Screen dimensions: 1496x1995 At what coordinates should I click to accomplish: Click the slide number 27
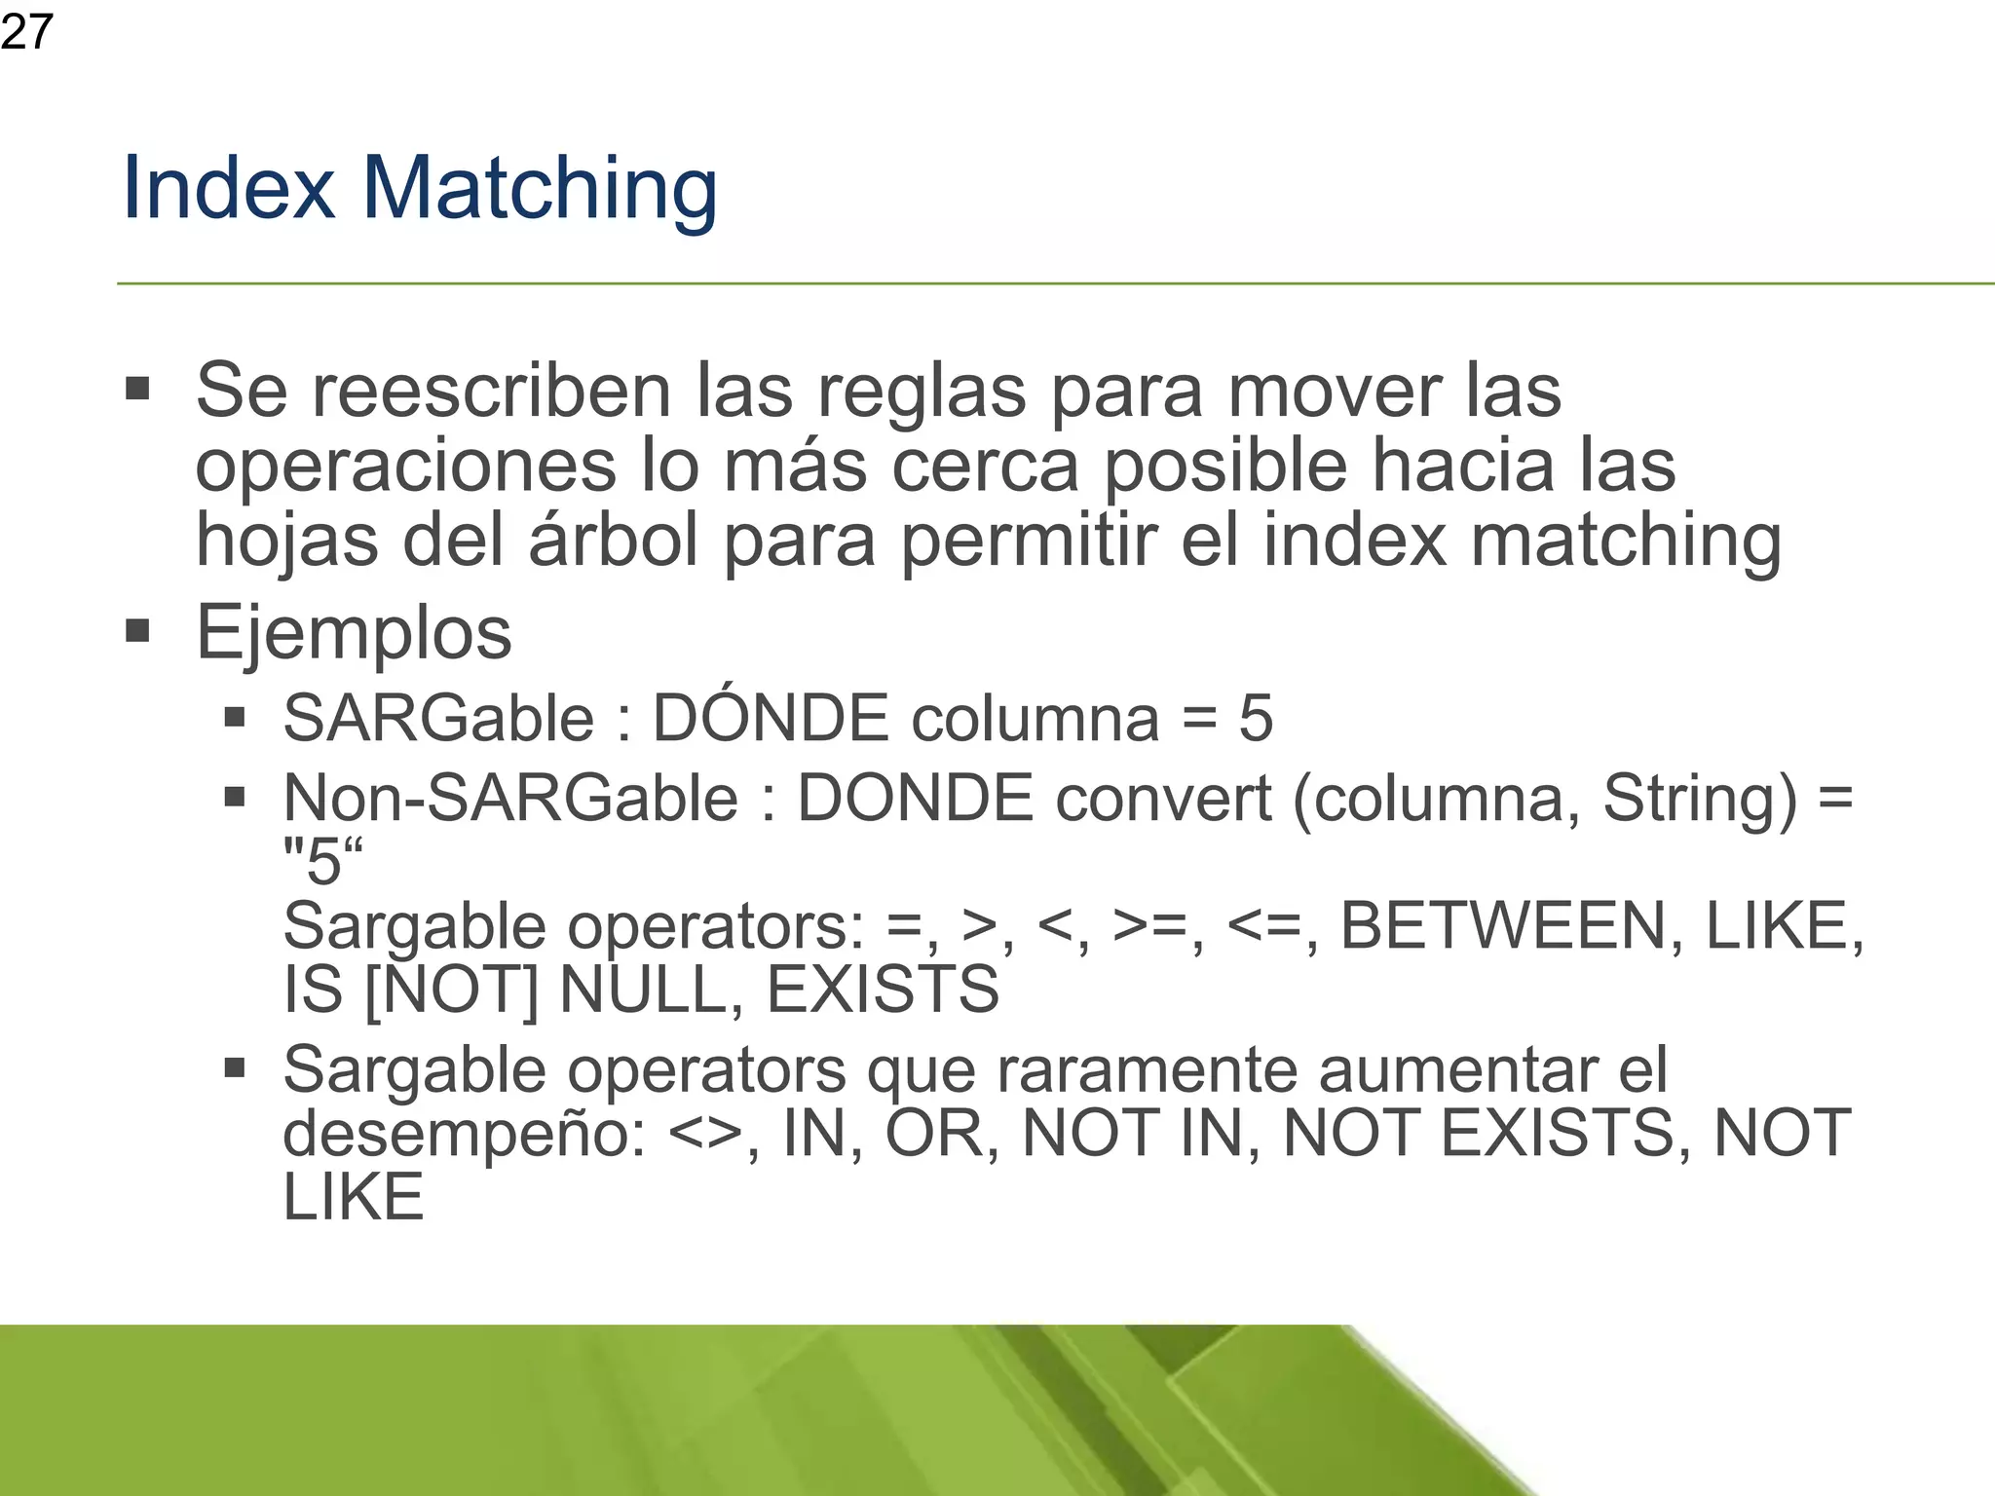pyautogui.click(x=26, y=32)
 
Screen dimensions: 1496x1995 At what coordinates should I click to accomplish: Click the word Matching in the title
pyautogui.click(x=540, y=189)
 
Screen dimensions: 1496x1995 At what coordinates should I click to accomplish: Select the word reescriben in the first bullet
pyautogui.click(x=491, y=391)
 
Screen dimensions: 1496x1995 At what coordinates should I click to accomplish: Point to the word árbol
pyautogui.click(x=614, y=541)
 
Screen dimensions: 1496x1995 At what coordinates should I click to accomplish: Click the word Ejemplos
pyautogui.click(x=354, y=634)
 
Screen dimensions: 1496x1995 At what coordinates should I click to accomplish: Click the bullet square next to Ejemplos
pyautogui.click(x=137, y=631)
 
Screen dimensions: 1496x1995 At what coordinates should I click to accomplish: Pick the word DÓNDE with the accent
pyautogui.click(x=770, y=718)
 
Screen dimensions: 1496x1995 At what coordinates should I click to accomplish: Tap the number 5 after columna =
pyautogui.click(x=1256, y=719)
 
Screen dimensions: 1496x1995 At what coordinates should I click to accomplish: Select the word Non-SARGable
pyautogui.click(x=510, y=799)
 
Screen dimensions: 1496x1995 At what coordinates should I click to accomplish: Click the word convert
pyautogui.click(x=1163, y=799)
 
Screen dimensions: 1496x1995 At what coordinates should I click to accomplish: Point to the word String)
pyautogui.click(x=1699, y=799)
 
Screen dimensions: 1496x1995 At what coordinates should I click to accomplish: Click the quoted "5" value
pyautogui.click(x=322, y=861)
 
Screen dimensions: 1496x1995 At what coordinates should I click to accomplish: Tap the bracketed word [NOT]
pyautogui.click(x=450, y=990)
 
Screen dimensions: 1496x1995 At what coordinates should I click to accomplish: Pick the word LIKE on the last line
pyautogui.click(x=354, y=1197)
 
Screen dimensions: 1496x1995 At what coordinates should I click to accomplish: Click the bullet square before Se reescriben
pyautogui.click(x=137, y=390)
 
